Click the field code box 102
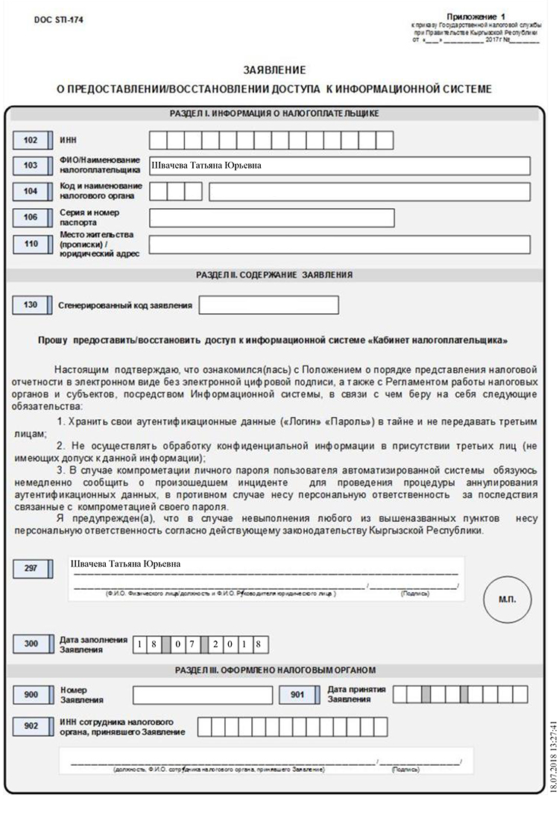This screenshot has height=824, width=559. (31, 140)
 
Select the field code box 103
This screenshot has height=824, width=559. (31, 166)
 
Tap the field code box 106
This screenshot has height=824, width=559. (31, 217)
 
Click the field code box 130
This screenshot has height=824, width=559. (31, 305)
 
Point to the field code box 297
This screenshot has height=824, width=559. (31, 569)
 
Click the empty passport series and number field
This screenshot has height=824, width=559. (272, 217)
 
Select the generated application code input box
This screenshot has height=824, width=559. (268, 305)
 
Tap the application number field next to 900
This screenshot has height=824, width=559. (202, 695)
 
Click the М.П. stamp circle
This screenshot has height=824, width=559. (507, 598)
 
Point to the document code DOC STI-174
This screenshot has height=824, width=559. (58, 21)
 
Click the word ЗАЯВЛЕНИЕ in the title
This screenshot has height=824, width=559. (274, 70)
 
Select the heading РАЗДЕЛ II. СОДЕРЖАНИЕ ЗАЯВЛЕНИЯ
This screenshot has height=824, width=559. (274, 274)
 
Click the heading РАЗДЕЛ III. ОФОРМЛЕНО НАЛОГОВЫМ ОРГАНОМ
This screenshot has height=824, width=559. (274, 670)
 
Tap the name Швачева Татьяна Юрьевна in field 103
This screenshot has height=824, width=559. (206, 166)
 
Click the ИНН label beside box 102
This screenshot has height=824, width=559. (68, 140)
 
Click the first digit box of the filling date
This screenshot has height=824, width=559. (141, 644)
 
